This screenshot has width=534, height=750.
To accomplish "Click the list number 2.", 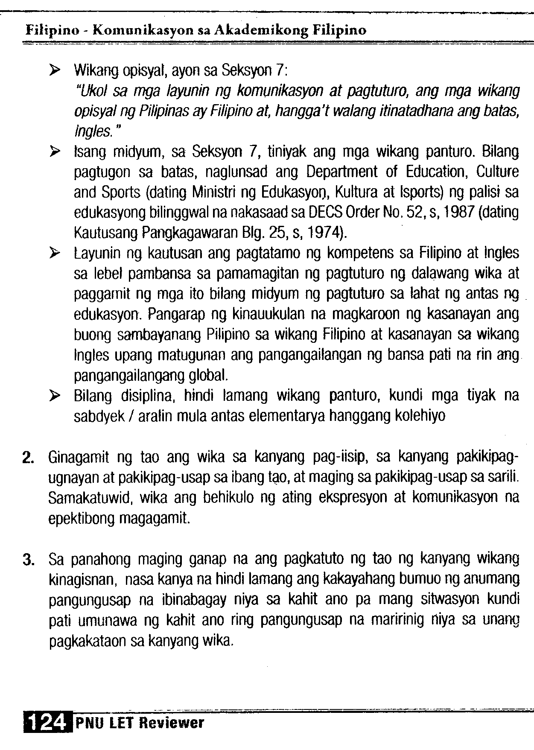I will pyautogui.click(x=28, y=458).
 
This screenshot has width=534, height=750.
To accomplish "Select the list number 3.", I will pyautogui.click(x=28, y=560).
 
